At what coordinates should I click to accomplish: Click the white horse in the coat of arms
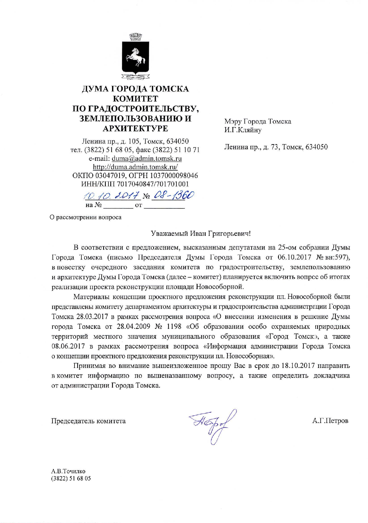coord(136,57)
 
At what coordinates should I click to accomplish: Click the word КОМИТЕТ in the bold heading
coord(136,99)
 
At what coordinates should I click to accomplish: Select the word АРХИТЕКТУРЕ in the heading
coord(135,129)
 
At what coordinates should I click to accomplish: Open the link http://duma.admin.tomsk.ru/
coord(135,167)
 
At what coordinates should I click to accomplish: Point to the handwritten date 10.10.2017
coord(112,196)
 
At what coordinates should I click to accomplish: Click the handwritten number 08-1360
coord(173,195)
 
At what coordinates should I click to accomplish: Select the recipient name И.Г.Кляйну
coord(243,130)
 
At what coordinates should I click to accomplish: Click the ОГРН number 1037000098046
coord(171,176)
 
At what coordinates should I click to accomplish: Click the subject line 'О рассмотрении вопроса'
coord(86,217)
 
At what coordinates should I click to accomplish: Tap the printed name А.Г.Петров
coord(330,421)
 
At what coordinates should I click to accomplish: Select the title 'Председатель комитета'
coord(88,421)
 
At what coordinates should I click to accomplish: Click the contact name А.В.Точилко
coord(68,471)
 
